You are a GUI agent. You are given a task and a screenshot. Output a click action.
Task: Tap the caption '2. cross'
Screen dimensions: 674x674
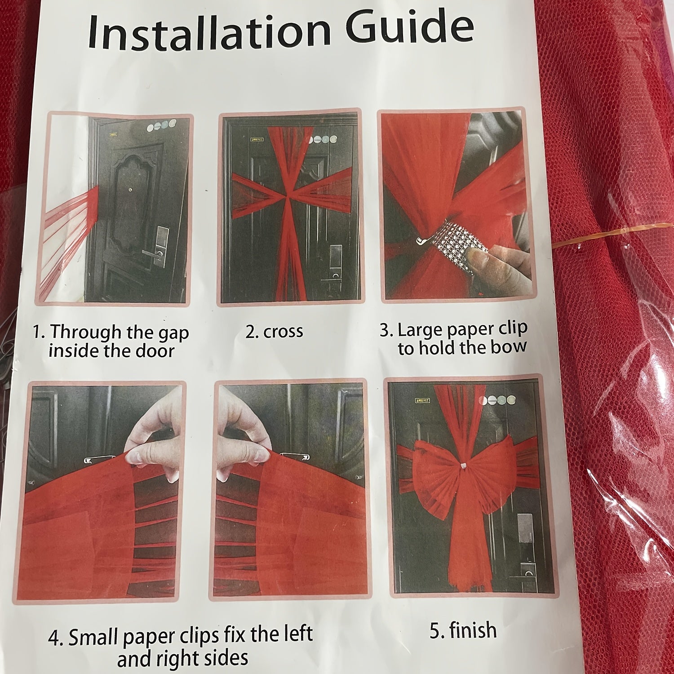click(275, 332)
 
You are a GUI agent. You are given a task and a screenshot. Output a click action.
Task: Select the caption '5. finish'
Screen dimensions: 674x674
click(463, 630)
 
